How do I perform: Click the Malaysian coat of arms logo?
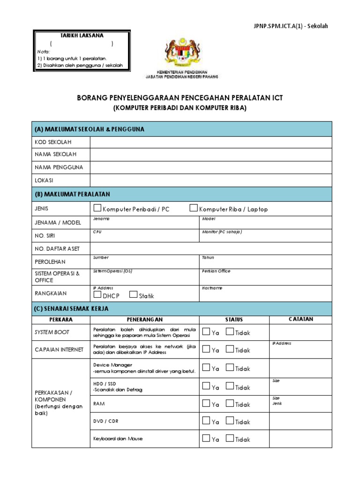click(x=181, y=52)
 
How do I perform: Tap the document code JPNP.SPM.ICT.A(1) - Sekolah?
click(x=290, y=26)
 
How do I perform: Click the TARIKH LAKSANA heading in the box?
click(x=82, y=36)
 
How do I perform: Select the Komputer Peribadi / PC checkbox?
click(x=97, y=208)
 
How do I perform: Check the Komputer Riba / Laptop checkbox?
click(x=193, y=208)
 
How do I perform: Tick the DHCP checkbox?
click(x=97, y=294)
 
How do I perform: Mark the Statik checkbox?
click(x=133, y=294)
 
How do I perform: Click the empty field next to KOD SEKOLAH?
click(x=210, y=142)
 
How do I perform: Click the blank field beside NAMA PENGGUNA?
click(x=210, y=167)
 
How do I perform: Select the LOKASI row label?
click(x=44, y=180)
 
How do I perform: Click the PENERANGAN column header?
click(x=144, y=320)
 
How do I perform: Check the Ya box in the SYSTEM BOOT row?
click(x=206, y=332)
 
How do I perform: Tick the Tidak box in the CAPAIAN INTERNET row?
click(x=230, y=349)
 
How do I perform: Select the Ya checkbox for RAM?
click(x=206, y=403)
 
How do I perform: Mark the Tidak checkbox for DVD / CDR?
click(x=230, y=420)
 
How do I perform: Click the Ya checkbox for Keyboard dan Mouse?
click(x=206, y=438)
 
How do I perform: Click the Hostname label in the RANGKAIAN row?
click(x=212, y=288)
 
